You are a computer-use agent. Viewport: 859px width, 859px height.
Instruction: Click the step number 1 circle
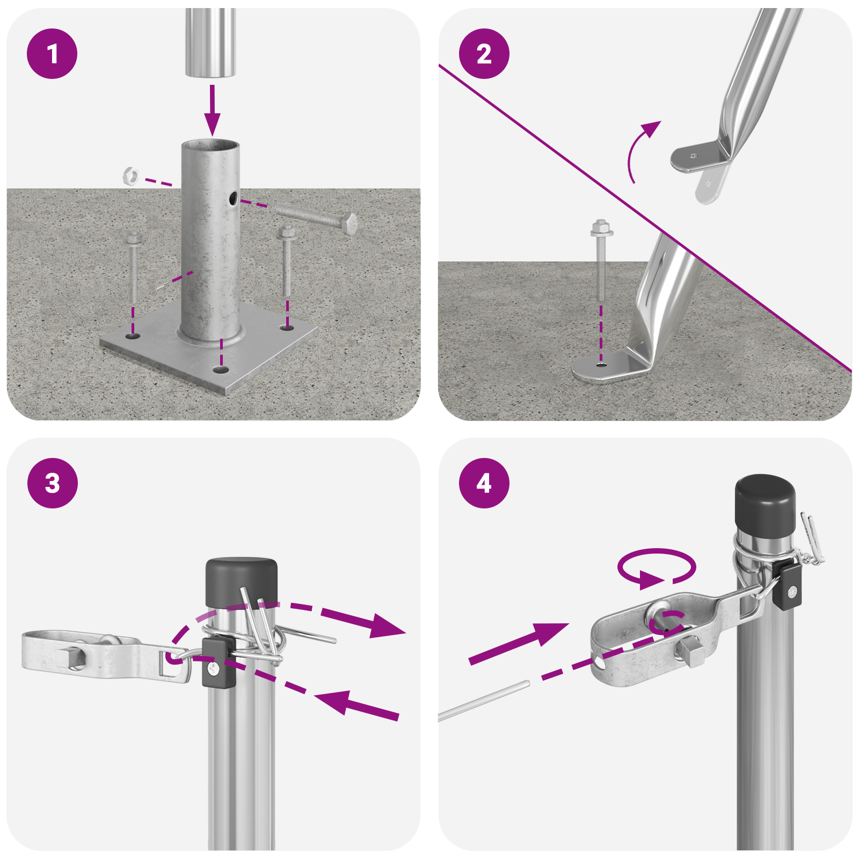coord(52,54)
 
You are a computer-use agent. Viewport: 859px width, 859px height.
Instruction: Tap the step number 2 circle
coord(484,54)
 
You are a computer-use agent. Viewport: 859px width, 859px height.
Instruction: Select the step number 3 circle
coord(52,483)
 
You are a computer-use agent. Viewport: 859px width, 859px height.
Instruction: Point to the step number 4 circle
coord(484,483)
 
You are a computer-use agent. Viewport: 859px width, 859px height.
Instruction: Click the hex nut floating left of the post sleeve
coord(130,176)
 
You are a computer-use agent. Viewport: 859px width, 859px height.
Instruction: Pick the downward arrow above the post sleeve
coord(213,110)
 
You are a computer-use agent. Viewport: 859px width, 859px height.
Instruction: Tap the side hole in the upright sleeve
coord(233,199)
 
